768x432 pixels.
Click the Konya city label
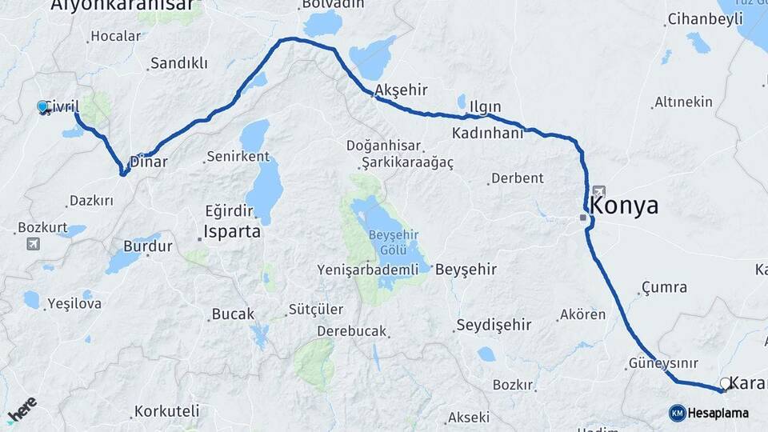coord(625,206)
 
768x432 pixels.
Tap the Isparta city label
coord(233,232)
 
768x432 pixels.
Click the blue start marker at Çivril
coord(42,106)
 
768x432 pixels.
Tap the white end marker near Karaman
coord(725,384)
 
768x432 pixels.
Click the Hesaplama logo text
coord(718,413)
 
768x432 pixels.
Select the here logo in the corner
coord(22,409)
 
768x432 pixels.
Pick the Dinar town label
coord(149,161)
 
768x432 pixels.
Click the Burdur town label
coord(147,246)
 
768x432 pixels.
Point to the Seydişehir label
coord(494,325)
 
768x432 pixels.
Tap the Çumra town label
coord(664,287)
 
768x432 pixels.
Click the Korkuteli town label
coord(166,412)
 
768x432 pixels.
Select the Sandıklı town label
coord(179,63)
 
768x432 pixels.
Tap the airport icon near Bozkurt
coord(33,244)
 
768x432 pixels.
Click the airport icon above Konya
coord(599,192)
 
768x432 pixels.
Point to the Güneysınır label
coord(654,363)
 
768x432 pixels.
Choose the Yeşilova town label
coord(74,303)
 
